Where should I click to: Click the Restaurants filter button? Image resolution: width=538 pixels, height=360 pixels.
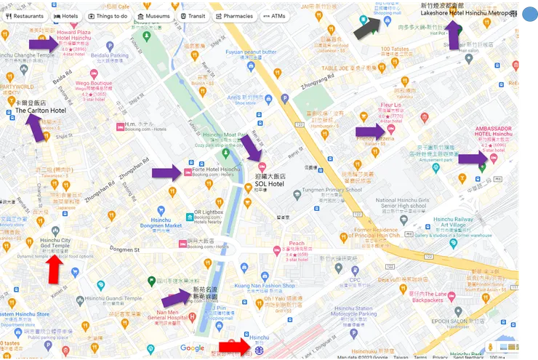[x=25, y=15]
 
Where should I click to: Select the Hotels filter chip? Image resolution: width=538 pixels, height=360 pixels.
[x=66, y=15]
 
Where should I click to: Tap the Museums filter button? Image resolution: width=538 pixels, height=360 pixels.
[x=153, y=15]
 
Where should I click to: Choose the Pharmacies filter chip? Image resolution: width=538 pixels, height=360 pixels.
[x=234, y=15]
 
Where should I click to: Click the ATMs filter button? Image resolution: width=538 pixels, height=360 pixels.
[x=274, y=15]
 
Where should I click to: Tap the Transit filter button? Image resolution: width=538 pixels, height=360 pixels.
[x=193, y=15]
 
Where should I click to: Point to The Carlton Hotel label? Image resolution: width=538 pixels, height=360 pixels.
[x=41, y=111]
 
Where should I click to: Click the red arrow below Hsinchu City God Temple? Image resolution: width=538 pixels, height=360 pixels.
[x=54, y=271]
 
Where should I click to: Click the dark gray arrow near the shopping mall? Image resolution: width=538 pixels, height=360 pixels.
[x=366, y=28]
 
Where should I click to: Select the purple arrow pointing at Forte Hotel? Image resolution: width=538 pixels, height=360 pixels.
[x=167, y=172]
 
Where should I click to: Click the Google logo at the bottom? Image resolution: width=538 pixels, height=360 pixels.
[x=192, y=348]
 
